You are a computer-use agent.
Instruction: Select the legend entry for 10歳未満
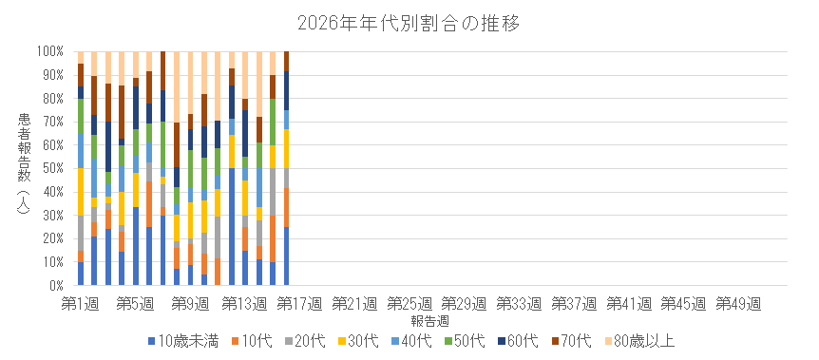pyautogui.click(x=181, y=339)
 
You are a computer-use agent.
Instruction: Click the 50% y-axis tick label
pyautogui.click(x=51, y=168)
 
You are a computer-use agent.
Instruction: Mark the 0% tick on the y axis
pyautogui.click(x=54, y=285)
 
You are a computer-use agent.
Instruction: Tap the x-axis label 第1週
pyautogui.click(x=81, y=302)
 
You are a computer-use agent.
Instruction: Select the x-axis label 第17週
pyautogui.click(x=300, y=302)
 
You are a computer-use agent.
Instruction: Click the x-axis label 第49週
pyautogui.click(x=739, y=302)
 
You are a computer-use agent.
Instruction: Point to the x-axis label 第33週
pyautogui.click(x=520, y=302)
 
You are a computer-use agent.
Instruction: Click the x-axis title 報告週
pyautogui.click(x=409, y=319)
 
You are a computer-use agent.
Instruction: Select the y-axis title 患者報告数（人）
pyautogui.click(x=23, y=168)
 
